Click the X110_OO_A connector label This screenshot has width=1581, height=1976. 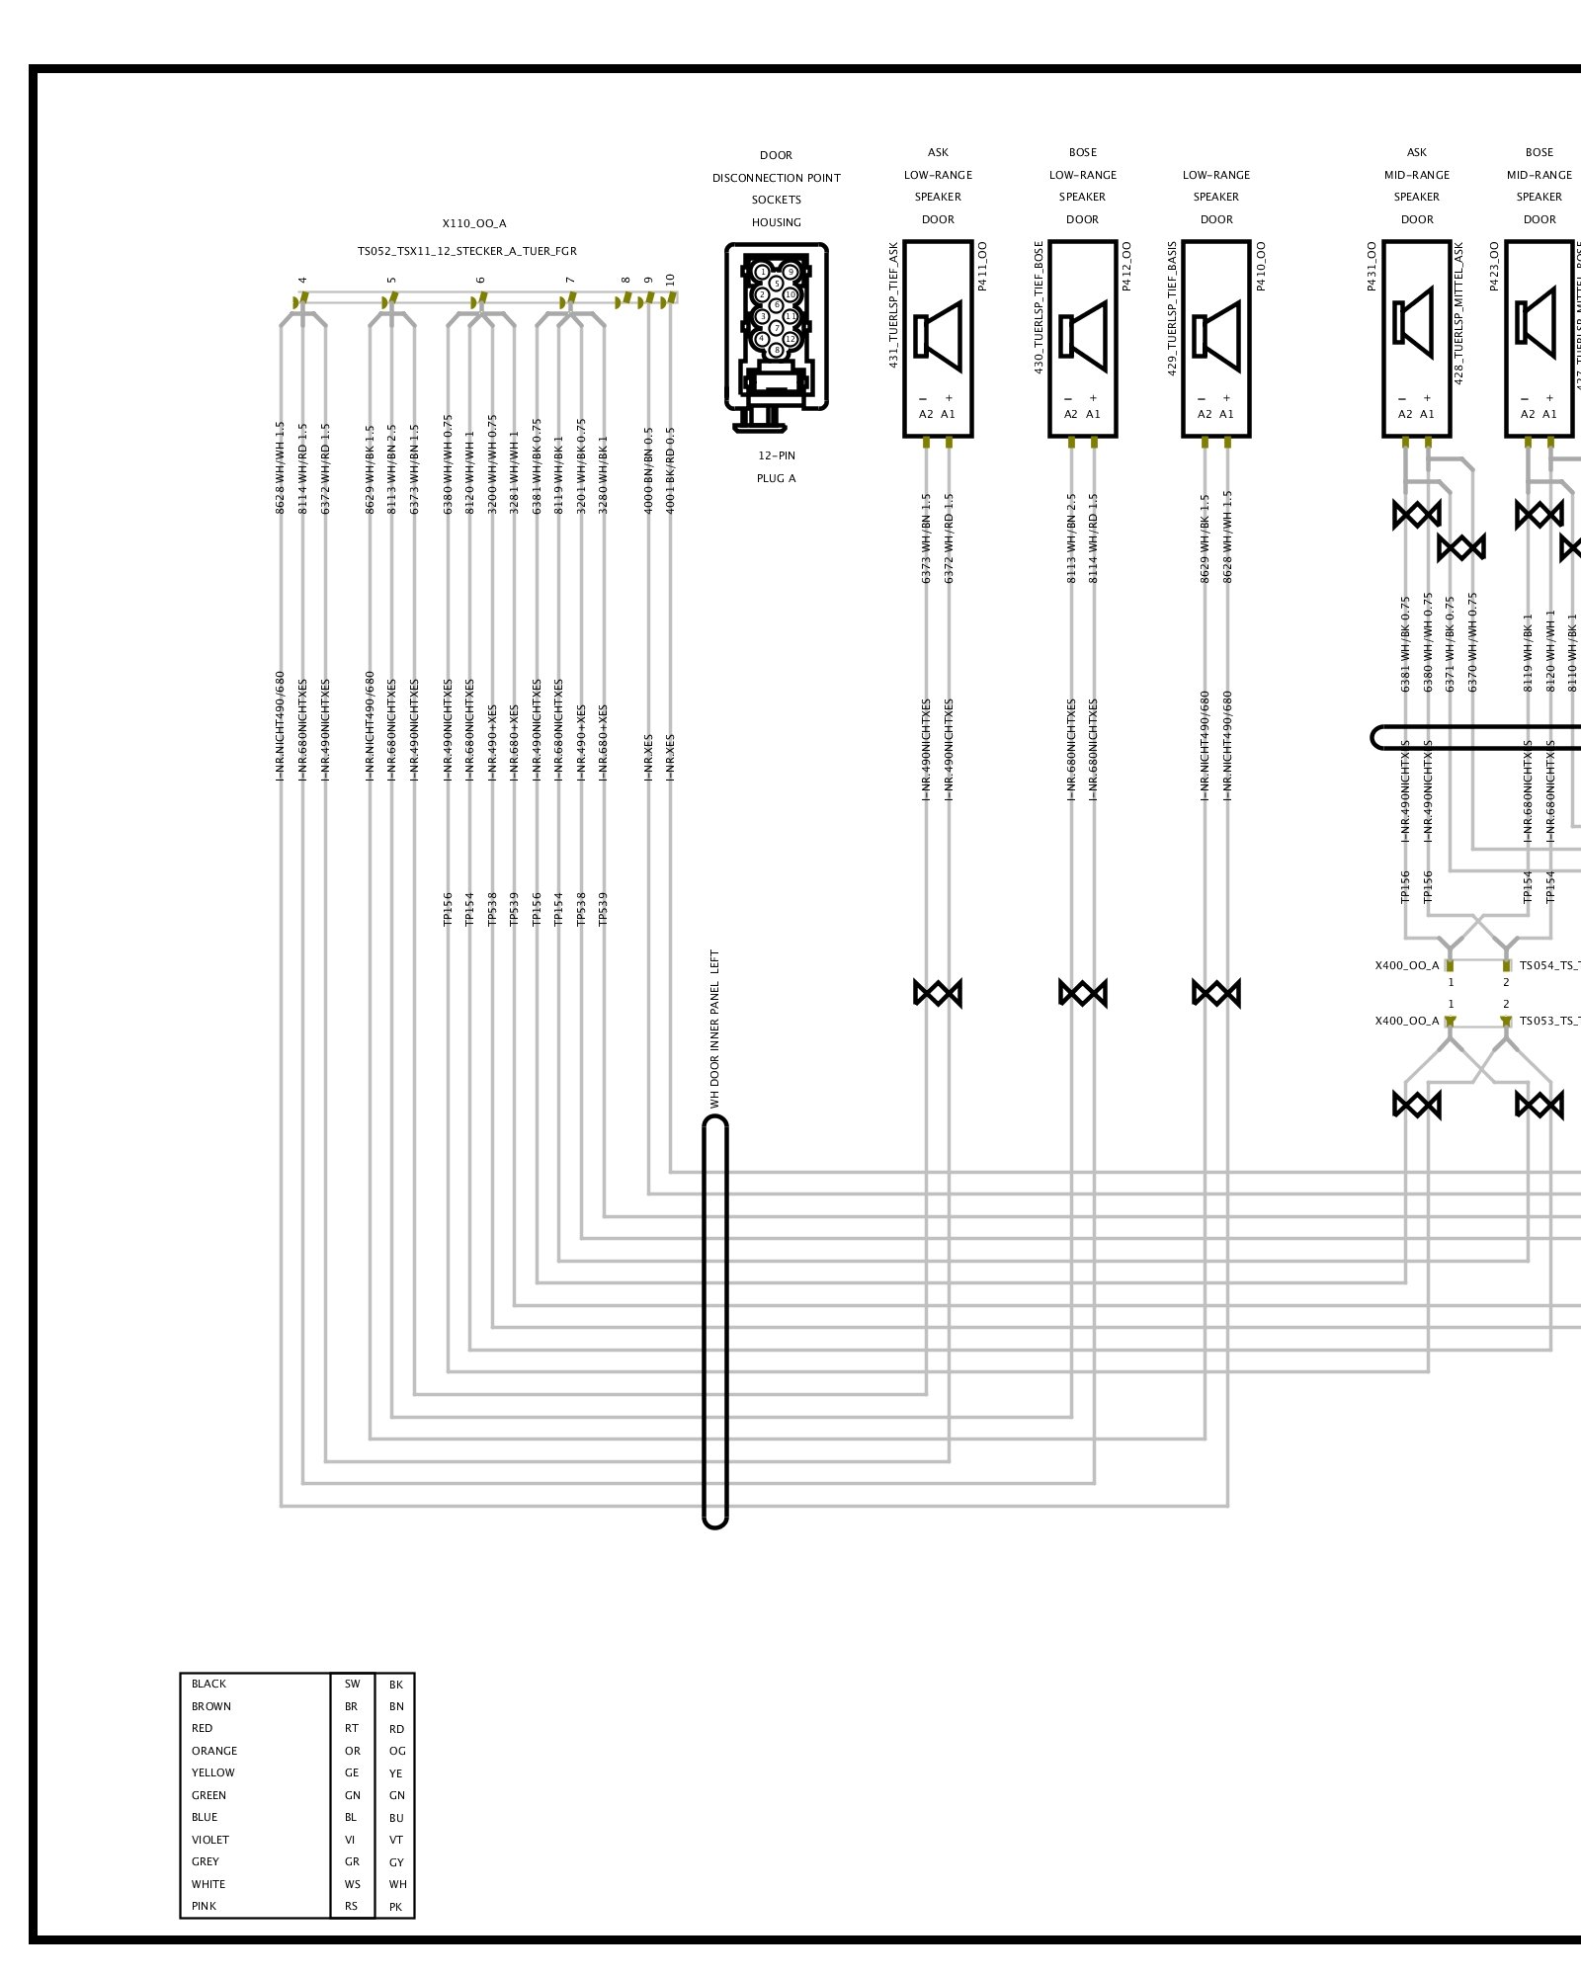474,223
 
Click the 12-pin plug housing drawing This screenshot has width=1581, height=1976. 777,336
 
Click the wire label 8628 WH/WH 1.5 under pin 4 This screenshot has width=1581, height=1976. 281,468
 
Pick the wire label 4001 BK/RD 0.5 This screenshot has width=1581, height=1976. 671,470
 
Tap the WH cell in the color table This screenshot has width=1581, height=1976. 397,1884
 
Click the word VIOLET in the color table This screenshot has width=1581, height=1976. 210,1840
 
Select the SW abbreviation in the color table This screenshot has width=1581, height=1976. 353,1684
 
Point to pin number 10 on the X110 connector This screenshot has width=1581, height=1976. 671,281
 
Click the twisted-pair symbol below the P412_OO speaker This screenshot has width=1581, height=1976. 1083,993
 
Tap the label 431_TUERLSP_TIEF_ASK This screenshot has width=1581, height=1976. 893,304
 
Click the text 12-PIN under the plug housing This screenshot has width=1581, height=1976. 777,455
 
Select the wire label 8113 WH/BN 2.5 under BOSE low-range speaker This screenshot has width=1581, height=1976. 1071,538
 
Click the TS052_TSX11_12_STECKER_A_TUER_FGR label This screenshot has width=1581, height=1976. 467,251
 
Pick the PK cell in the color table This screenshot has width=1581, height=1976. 396,1907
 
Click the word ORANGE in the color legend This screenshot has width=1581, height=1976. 214,1751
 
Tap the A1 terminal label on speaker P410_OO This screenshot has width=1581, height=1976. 1227,414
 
